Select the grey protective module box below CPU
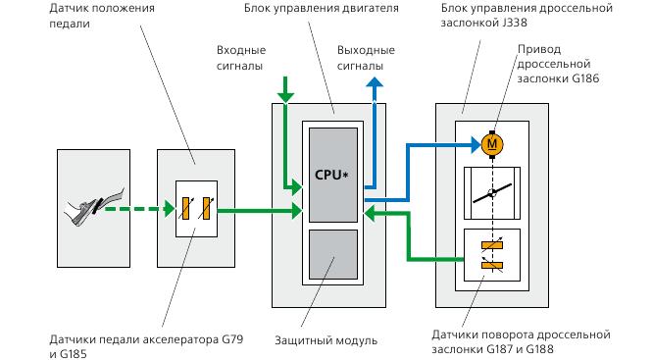(332, 257)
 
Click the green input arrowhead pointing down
(285, 95)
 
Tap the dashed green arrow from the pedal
(137, 208)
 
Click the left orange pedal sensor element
(185, 208)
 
